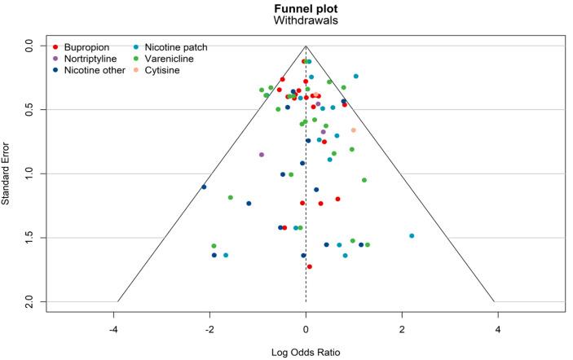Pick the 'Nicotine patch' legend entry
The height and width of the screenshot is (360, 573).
click(174, 47)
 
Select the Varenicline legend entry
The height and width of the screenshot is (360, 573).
click(170, 59)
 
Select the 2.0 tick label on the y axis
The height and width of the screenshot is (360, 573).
click(29, 302)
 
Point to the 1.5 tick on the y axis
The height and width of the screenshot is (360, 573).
click(29, 238)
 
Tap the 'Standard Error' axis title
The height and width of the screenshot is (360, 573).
click(7, 173)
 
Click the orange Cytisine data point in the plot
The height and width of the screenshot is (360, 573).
click(354, 130)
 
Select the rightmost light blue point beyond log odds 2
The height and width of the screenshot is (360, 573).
click(412, 235)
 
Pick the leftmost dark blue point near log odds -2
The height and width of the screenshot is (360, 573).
click(204, 187)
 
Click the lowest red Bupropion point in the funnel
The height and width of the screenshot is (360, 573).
click(310, 266)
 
